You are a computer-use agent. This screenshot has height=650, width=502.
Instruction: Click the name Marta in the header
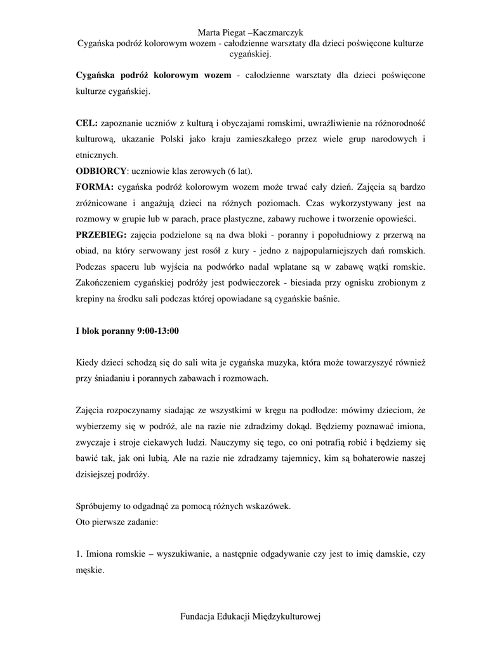tap(210, 32)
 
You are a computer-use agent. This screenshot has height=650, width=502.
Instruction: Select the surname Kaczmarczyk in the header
tap(279, 32)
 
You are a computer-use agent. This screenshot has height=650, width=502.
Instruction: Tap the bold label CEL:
tap(87, 122)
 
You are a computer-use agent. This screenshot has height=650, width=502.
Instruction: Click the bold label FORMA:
tap(95, 188)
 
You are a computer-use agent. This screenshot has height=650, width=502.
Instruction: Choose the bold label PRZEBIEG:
tap(101, 235)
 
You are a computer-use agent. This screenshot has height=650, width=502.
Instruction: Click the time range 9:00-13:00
tap(159, 331)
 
